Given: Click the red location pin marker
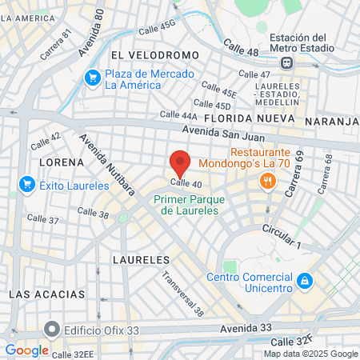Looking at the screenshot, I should coord(180,163).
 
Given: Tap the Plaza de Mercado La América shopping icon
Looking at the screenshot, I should coord(93,78).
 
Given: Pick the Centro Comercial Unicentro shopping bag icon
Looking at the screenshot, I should coord(305,282).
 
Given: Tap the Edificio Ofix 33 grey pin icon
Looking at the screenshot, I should coord(53,329).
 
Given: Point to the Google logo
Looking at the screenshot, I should coord(26,350).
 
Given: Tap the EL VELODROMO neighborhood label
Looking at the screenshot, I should coord(154,54).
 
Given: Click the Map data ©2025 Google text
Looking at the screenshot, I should coord(310,354).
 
